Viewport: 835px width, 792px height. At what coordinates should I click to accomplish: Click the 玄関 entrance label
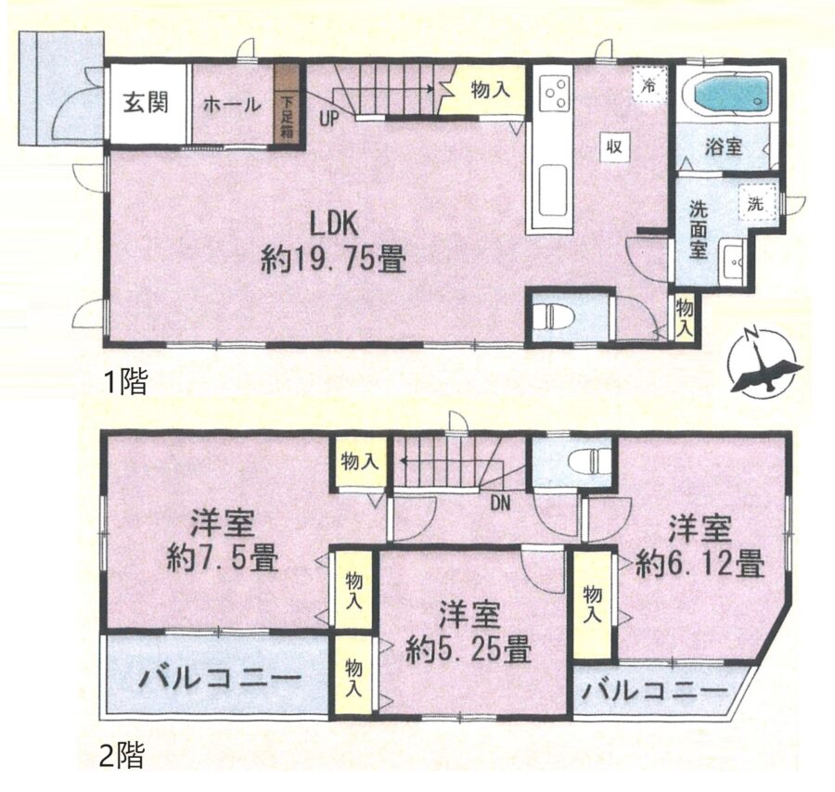146,103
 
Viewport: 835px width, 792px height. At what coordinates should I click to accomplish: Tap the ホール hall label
232,104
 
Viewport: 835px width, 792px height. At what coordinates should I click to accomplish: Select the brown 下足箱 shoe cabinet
287,106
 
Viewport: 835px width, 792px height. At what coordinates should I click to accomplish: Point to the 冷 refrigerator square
649,83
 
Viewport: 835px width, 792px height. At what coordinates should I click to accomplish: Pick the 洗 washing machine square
755,203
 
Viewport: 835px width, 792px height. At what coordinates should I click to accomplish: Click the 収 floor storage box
614,146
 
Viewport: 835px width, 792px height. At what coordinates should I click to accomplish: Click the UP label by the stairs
329,118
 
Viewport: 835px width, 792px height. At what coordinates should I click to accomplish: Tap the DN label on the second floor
500,504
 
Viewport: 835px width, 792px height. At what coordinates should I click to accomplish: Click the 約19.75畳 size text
333,261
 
